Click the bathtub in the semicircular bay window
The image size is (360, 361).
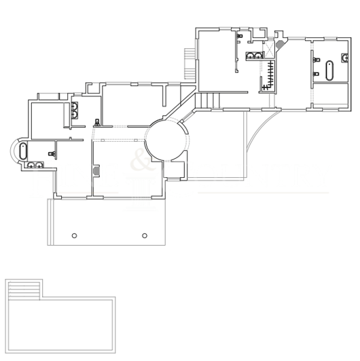24,151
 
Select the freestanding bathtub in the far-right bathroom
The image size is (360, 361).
329,71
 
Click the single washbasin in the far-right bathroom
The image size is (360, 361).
316,69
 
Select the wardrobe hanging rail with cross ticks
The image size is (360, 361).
271,75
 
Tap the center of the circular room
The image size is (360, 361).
166,139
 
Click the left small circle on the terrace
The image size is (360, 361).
74,235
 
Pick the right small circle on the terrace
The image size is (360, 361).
145,235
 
